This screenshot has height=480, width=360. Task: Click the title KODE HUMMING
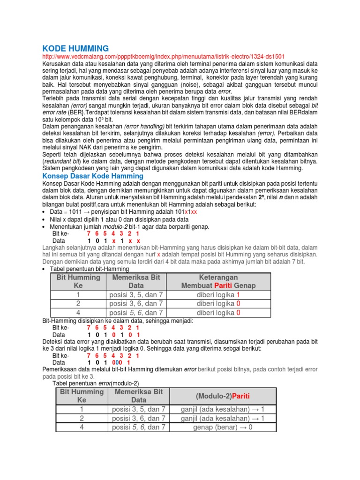click(x=75, y=48)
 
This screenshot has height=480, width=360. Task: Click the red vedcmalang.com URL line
click(x=163, y=56)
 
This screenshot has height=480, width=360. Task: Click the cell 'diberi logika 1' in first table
click(x=218, y=295)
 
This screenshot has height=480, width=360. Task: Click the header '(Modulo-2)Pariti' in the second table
click(x=223, y=396)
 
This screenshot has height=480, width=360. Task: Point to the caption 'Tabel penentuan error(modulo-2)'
click(x=96, y=383)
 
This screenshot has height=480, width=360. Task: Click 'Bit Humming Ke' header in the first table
click(x=78, y=281)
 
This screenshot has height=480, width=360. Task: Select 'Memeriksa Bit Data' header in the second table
click(x=139, y=396)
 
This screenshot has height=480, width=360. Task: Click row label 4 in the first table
click(x=78, y=313)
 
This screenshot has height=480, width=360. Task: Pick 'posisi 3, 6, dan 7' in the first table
click(x=136, y=304)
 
